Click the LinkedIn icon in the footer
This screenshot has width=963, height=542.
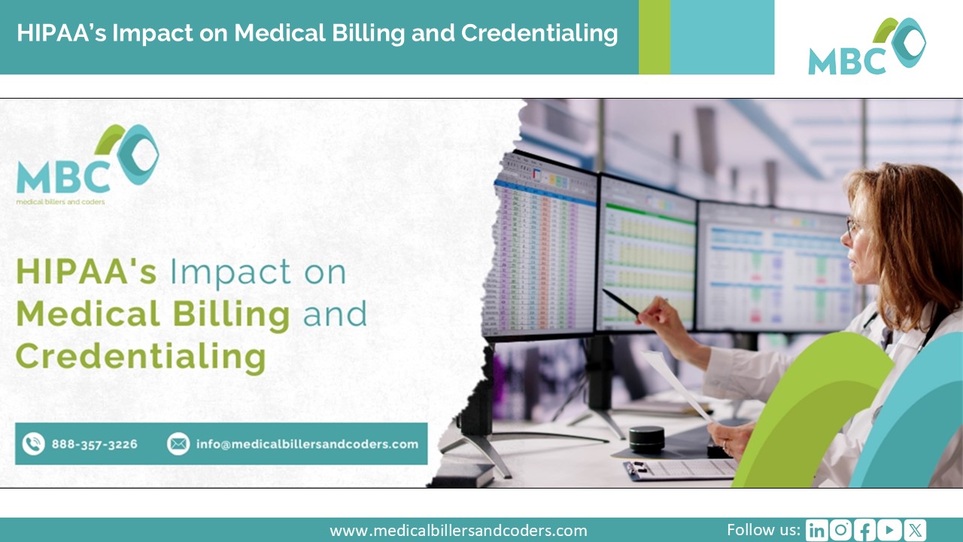[816, 530]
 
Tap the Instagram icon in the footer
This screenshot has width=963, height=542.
[840, 530]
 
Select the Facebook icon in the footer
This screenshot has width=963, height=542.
[865, 530]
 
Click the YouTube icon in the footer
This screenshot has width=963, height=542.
[889, 530]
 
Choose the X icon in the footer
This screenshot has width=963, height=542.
[915, 530]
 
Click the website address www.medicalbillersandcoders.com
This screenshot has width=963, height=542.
[458, 531]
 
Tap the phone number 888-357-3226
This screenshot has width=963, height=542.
[94, 444]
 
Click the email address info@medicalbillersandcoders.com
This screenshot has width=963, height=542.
[307, 444]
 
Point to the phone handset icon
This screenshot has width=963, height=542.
[33, 444]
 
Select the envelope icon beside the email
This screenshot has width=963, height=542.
[178, 444]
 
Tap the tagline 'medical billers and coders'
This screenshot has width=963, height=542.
[60, 202]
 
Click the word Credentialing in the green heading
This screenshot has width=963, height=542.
[141, 356]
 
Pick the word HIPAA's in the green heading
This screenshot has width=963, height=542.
[86, 271]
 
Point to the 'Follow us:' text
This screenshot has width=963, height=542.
[763, 529]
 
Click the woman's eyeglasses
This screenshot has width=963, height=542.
[852, 225]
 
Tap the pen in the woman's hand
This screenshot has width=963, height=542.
[621, 303]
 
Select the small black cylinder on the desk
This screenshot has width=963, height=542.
[647, 439]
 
